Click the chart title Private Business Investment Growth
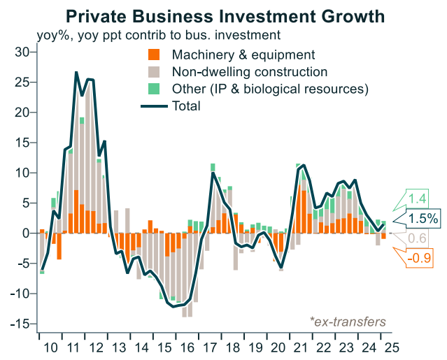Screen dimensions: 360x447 pos(224,15)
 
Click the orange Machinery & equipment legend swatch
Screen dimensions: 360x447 pos(155,55)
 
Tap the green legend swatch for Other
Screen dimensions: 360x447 pos(155,89)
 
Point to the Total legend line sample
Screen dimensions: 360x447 pos(154,106)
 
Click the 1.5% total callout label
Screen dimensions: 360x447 pos(423,219)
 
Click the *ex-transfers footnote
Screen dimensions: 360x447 pos(348,322)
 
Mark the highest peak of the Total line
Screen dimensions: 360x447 pos(76,72)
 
